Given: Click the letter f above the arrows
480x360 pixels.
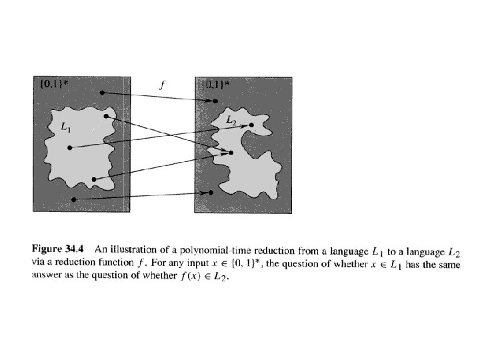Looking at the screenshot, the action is [162, 85].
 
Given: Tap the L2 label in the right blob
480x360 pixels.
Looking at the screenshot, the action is [231, 119].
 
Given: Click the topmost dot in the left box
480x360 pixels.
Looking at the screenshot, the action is [101, 92].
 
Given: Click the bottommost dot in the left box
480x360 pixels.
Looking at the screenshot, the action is [74, 199].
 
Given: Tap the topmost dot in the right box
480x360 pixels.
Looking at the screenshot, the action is [214, 101].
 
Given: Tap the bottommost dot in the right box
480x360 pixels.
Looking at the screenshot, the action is [211, 193].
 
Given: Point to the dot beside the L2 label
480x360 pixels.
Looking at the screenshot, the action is [251, 125].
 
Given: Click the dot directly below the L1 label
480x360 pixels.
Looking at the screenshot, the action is [69, 148].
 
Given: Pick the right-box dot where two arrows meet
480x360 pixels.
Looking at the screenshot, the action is [231, 153].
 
